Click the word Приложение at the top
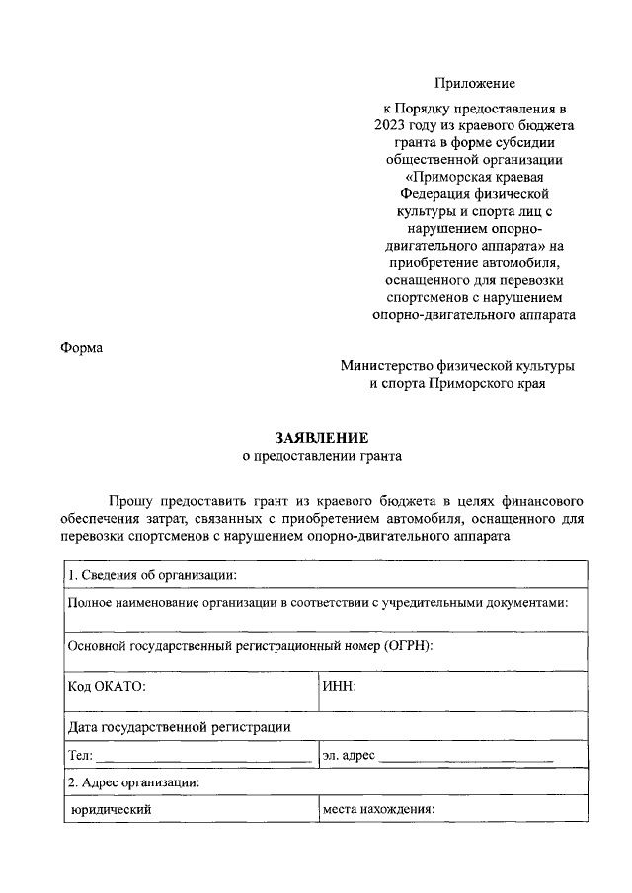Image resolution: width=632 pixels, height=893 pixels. (475, 84)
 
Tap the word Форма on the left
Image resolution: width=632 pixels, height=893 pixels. (81, 346)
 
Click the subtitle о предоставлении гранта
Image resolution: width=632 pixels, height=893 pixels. (323, 456)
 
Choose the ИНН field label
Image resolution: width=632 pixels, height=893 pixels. (339, 686)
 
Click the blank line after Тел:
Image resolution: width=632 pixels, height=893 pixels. (203, 758)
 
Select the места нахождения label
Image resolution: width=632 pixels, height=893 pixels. (379, 810)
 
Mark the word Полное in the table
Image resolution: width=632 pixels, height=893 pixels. (90, 602)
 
